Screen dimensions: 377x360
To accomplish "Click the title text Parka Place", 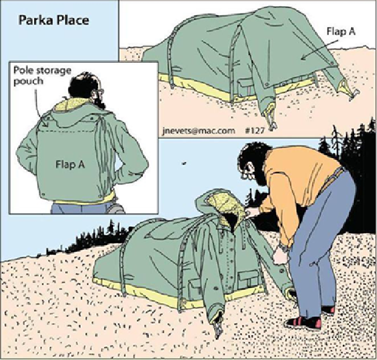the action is [x=54, y=20].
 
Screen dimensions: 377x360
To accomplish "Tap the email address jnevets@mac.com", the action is [x=199, y=131].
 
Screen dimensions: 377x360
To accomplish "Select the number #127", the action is [x=255, y=130].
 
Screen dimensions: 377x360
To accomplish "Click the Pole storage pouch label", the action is [x=43, y=76].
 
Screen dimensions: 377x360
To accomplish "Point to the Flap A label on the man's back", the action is [x=70, y=165].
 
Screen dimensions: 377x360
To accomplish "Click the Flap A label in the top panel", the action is [x=341, y=31].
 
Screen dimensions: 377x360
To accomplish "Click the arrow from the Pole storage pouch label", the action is [x=39, y=108].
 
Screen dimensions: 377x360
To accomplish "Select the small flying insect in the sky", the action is [x=184, y=163].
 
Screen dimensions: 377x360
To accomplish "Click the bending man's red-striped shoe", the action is [x=304, y=322].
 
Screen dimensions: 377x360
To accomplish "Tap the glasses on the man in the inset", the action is [x=101, y=91].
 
